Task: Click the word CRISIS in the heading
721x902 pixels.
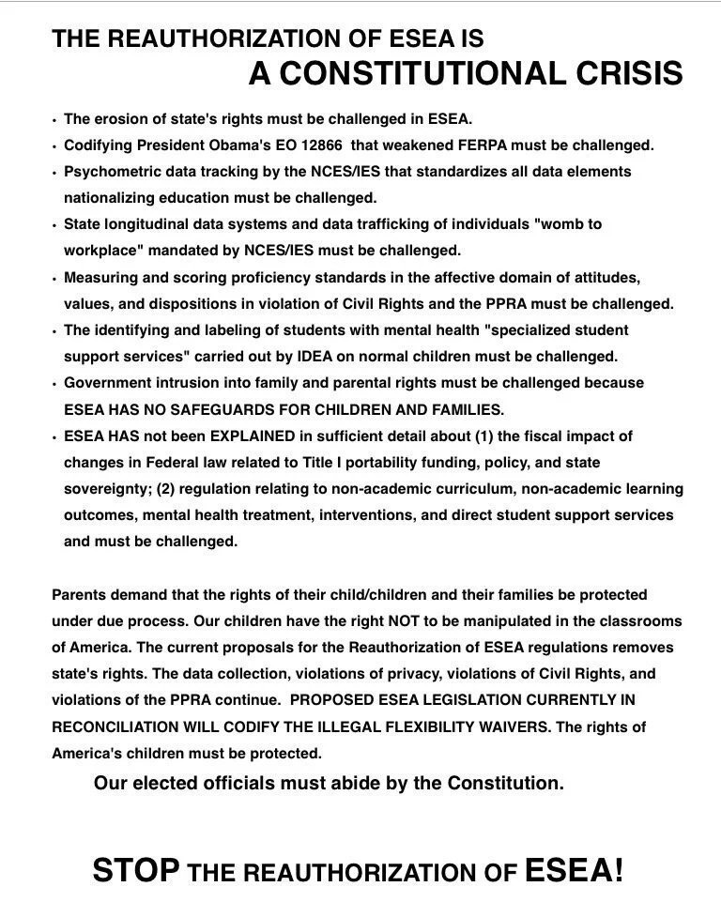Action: [x=624, y=73]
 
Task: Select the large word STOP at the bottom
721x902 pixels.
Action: [x=135, y=871]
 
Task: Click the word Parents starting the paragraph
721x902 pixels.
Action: [x=81, y=595]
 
